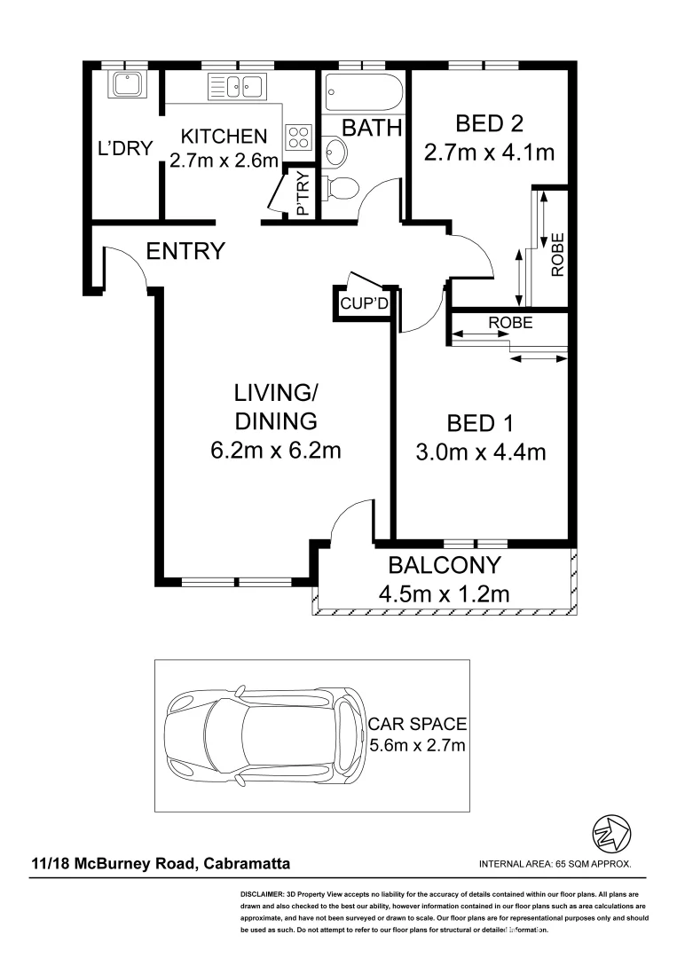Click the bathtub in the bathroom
coord(363,92)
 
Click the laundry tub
coord(127,84)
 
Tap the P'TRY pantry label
coord(303,194)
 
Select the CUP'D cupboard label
coord(364,303)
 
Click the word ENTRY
coord(185,251)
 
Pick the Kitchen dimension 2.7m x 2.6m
coord(224,161)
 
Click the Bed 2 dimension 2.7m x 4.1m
coord(490,152)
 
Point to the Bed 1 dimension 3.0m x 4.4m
coord(481,452)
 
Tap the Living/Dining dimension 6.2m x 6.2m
coord(276,451)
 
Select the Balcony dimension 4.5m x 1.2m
coord(445,593)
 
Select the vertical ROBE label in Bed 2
coord(557,255)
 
